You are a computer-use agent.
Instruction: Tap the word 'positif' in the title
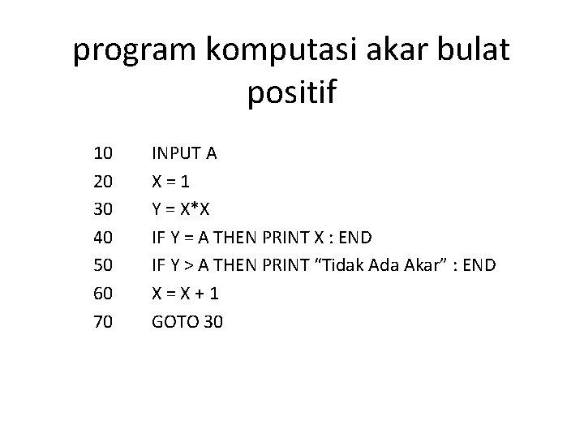[291, 92]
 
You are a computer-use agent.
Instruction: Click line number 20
[103, 180]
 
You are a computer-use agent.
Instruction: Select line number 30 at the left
[103, 208]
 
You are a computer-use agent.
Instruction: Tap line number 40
[103, 237]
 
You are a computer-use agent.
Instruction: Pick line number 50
[103, 265]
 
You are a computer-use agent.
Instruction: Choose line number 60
[103, 294]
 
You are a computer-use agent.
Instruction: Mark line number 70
[103, 322]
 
